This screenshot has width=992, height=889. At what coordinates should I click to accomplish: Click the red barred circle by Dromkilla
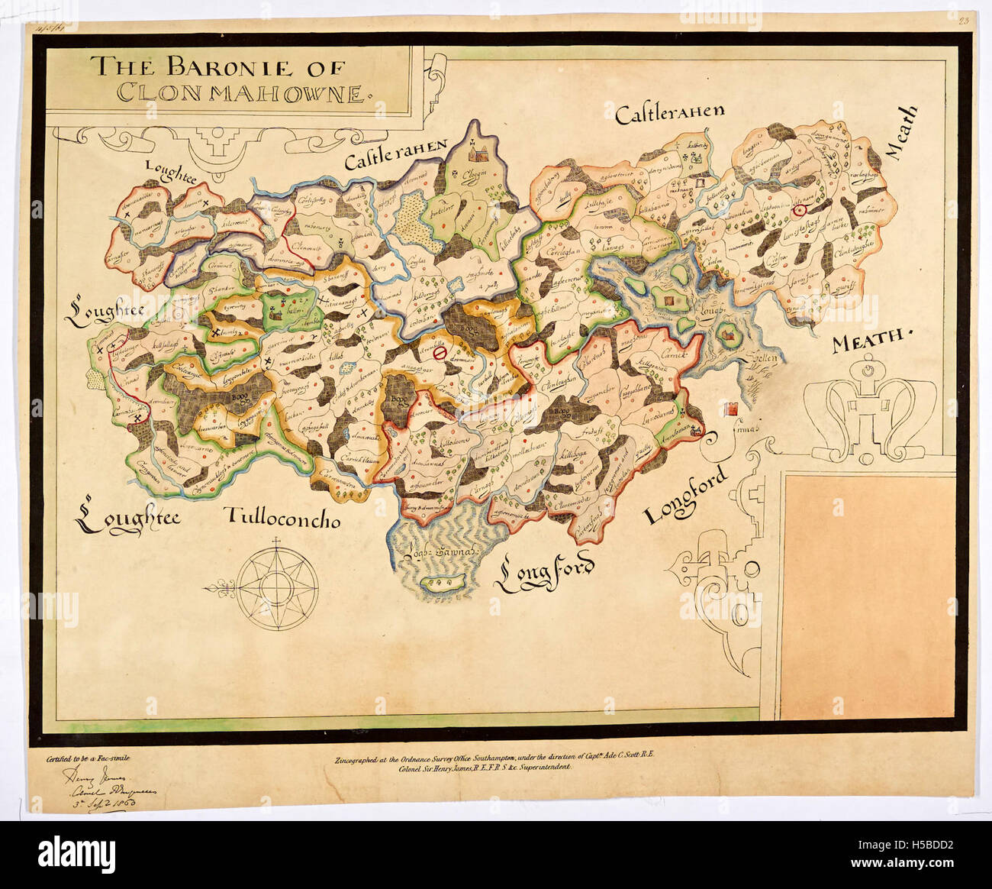coord(439,353)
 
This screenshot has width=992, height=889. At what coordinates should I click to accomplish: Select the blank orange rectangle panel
coord(868,596)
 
